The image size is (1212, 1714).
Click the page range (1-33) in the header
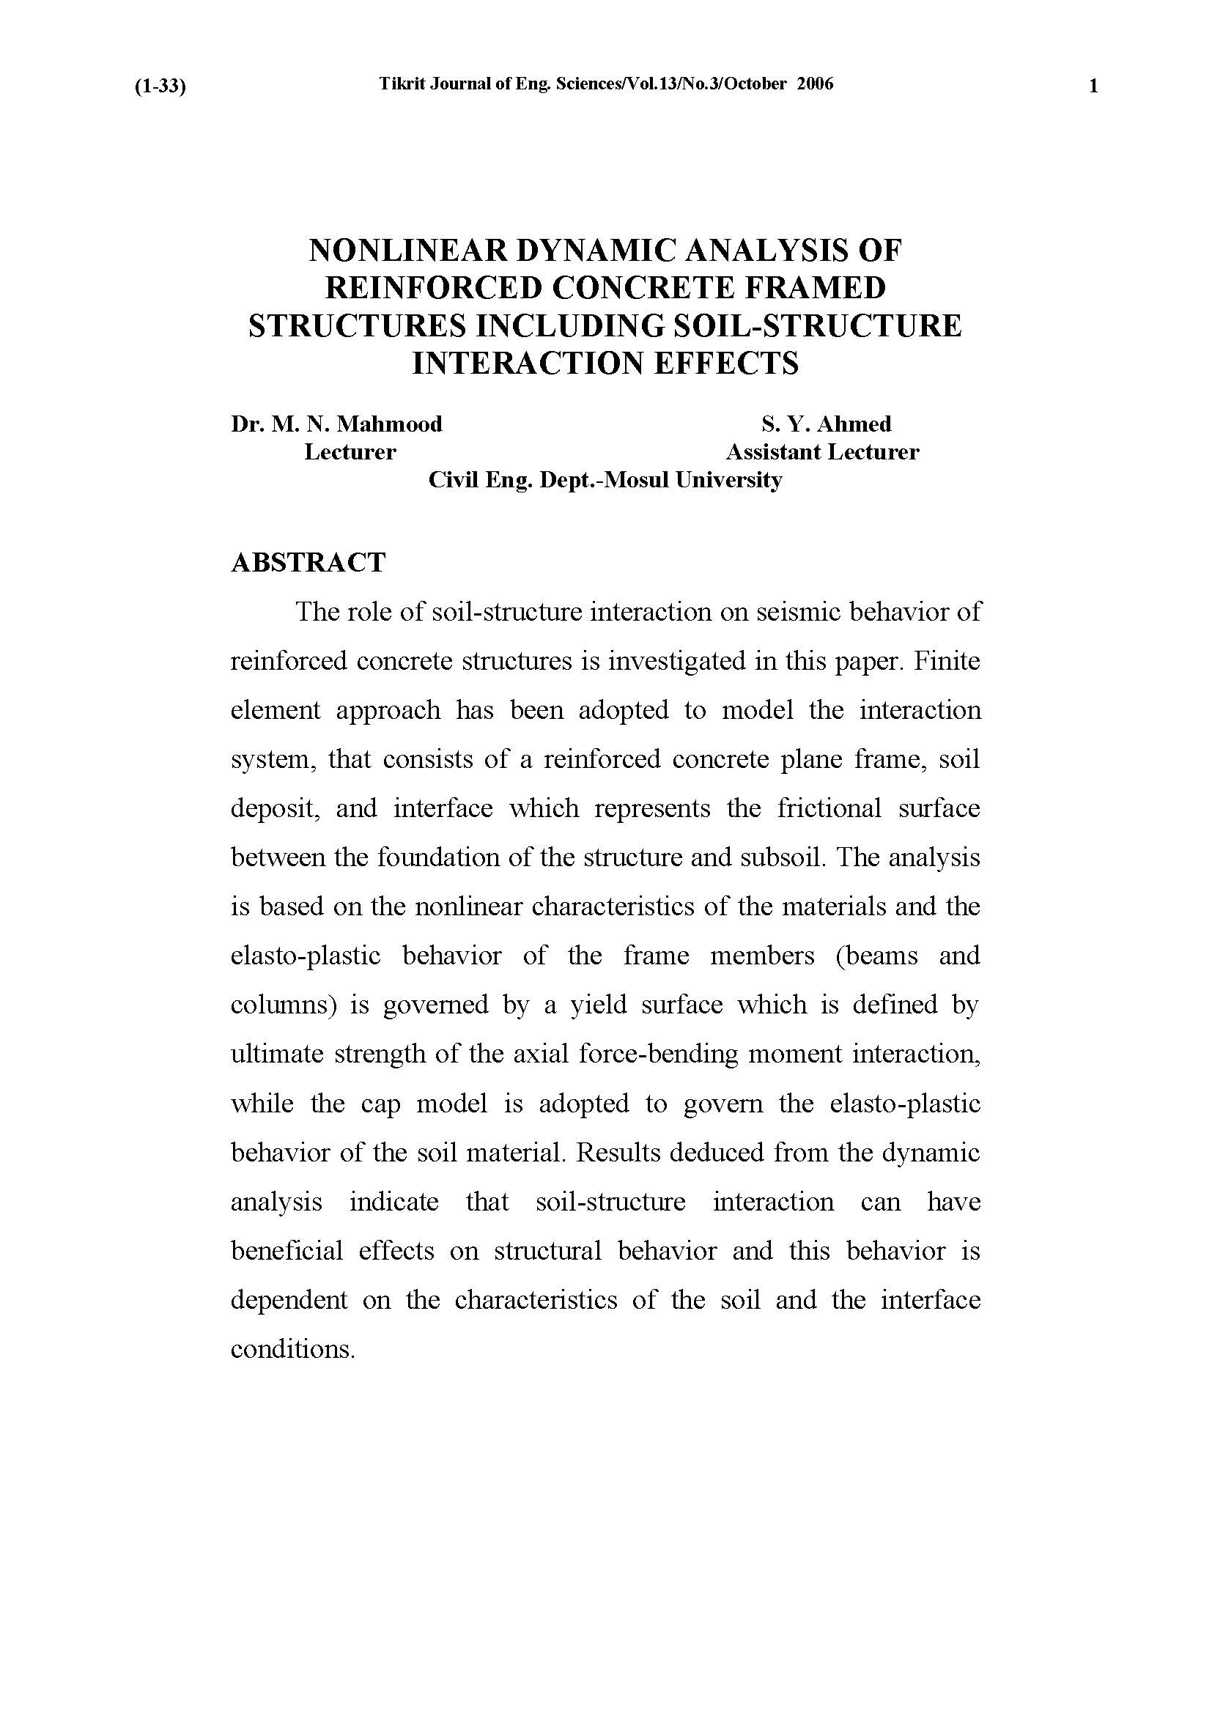(x=160, y=86)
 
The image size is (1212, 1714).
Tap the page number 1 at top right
(x=1093, y=86)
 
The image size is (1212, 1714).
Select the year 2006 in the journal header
(x=814, y=84)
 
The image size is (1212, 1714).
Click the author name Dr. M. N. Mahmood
(x=336, y=425)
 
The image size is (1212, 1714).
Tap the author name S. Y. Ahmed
(x=826, y=425)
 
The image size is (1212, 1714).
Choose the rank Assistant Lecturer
(x=822, y=452)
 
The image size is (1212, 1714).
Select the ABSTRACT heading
(x=308, y=563)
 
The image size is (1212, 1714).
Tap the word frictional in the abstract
(x=829, y=808)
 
